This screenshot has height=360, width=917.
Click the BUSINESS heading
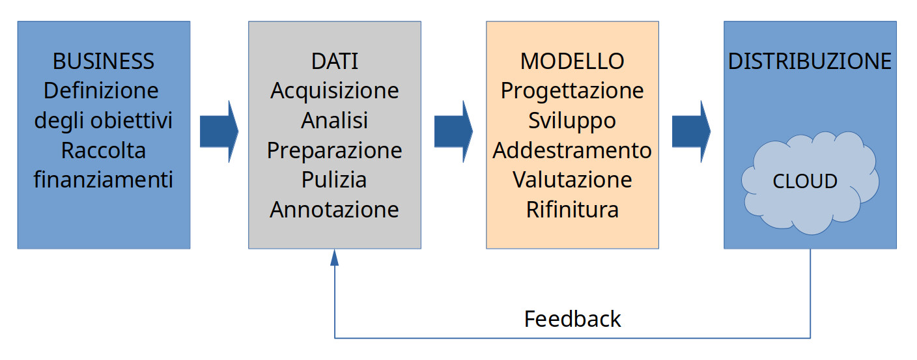pos(103,61)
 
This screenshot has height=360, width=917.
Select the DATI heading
pos(335,61)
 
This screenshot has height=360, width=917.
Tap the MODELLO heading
pos(572,61)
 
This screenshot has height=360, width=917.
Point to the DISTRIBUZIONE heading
pos(810,61)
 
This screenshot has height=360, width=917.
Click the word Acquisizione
pos(335,91)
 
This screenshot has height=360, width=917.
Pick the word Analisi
pos(335,120)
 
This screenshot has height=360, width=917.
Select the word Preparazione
pos(335,151)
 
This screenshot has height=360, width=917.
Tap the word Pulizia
pos(334,180)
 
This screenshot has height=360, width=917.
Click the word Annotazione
pos(335,210)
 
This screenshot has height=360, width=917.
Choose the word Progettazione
pos(572,91)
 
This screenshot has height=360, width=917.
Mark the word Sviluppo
pos(572,121)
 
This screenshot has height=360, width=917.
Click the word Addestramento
pos(572,150)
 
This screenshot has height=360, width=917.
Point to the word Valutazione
pos(572,180)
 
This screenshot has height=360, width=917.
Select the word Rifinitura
pos(572,210)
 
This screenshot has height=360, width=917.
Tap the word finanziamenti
pos(103,180)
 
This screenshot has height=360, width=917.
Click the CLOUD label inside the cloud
pos(805,181)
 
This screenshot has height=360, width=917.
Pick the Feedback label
pos(572,319)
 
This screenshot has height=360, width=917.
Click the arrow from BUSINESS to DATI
pos(219,132)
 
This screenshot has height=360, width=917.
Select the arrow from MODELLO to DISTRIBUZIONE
pos(691,132)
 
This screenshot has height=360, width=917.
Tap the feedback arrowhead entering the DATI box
pos(335,257)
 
